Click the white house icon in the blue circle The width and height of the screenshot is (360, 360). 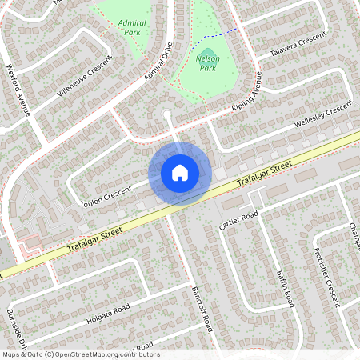[x=180, y=172]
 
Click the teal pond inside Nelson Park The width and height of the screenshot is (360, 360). [x=207, y=54]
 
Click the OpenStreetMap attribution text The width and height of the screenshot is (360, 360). [x=81, y=354]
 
